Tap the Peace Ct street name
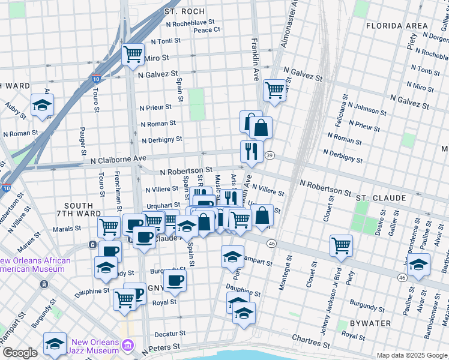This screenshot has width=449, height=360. [x=206, y=29]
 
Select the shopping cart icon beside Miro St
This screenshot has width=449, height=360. [x=133, y=53]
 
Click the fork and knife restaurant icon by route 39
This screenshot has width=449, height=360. [x=252, y=152]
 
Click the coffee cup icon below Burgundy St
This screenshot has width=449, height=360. [x=175, y=280]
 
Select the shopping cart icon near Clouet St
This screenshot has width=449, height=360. [x=341, y=245]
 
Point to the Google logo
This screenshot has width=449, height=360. [x=20, y=353]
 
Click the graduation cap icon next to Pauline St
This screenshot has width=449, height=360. [x=418, y=263]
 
